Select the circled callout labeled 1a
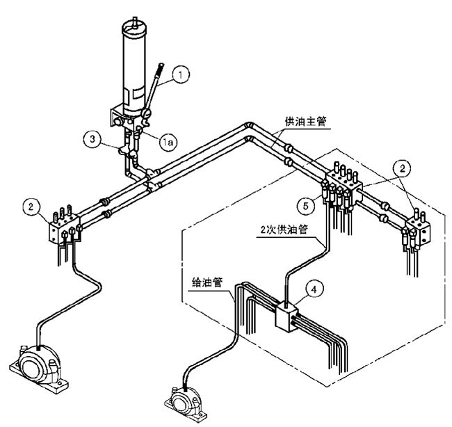pos(167,141)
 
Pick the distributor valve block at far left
pos(63,229)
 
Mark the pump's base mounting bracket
pos(121,118)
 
